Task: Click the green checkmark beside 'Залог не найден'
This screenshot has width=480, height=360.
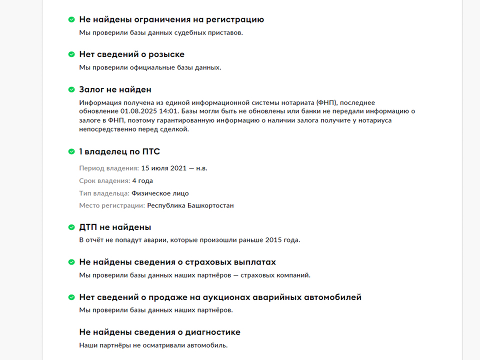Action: (71, 89)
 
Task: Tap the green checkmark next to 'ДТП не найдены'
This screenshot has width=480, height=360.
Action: (71, 227)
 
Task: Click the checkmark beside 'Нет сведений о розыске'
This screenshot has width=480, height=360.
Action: (71, 54)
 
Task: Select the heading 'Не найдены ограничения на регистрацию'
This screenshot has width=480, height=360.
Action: (171, 19)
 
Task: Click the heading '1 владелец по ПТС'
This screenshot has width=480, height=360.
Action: (119, 151)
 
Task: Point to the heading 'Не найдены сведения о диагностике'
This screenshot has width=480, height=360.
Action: (159, 332)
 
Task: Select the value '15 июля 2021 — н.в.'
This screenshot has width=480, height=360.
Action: (174, 168)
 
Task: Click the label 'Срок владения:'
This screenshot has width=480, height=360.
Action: (104, 180)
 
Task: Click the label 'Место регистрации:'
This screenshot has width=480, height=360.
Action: (112, 205)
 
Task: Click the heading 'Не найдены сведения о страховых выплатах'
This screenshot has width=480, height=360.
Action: (177, 262)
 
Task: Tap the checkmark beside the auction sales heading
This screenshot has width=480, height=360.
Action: (71, 297)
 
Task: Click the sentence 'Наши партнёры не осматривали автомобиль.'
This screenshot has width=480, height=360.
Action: (153, 345)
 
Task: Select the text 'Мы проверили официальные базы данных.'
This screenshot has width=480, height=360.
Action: (150, 67)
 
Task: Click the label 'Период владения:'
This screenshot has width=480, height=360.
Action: (109, 168)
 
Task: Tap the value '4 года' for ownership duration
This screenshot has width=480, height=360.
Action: (142, 180)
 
